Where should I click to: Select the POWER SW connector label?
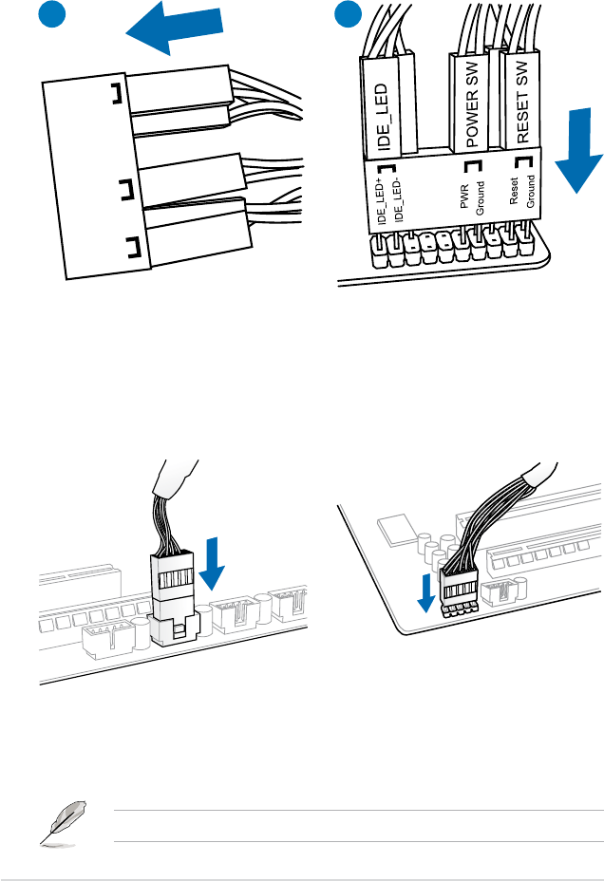pyautogui.click(x=470, y=98)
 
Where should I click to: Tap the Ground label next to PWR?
pyautogui.click(x=481, y=198)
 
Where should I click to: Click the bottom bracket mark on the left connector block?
pyautogui.click(x=131, y=250)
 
